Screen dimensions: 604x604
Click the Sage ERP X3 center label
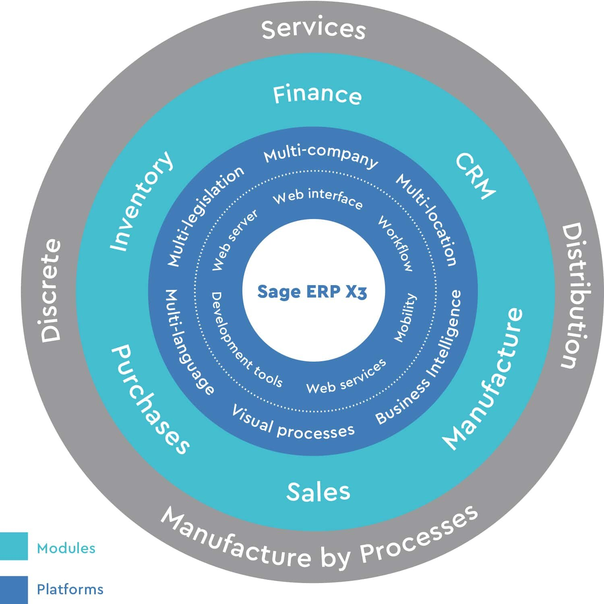[x=312, y=292]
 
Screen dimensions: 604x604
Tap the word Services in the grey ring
[x=313, y=29]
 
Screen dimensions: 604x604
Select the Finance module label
[x=317, y=95]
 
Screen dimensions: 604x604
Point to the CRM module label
[x=475, y=176]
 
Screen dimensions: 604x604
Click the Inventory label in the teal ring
[x=142, y=201]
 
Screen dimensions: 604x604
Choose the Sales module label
[x=318, y=492]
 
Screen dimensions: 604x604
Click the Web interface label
[x=318, y=199]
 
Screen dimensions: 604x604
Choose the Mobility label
[x=405, y=318]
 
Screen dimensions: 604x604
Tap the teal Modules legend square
[x=14, y=546]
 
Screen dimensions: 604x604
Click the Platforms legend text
[x=70, y=590]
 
